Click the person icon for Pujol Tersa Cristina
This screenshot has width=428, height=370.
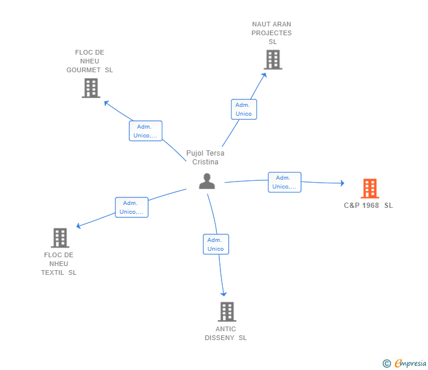coord(207,181)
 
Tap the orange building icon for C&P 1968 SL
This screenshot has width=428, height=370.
coord(370,188)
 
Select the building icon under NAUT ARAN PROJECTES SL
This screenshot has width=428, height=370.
coord(273,59)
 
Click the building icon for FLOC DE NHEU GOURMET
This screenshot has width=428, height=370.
coord(91,88)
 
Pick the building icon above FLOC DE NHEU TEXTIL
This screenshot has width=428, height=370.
coord(60,237)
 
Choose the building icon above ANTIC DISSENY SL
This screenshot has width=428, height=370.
coord(227,312)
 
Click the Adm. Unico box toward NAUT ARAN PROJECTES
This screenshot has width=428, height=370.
coord(244,109)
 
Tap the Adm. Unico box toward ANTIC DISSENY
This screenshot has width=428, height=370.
coord(216,244)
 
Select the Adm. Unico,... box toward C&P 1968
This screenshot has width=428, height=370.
coord(285,182)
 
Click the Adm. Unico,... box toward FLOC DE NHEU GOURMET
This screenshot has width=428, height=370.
coord(145,131)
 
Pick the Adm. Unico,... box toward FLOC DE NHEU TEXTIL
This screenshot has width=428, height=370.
coord(132,207)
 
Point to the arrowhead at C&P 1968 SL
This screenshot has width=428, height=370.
coord(342,183)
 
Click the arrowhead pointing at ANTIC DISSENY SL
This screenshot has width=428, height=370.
coord(223,294)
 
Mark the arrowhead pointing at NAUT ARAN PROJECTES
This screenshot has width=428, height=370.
coord(264,75)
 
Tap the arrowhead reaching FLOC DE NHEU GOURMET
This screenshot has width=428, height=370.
coord(106,103)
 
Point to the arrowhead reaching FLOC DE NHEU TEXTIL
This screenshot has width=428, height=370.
coord(78,226)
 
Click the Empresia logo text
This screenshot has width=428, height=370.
coord(410,363)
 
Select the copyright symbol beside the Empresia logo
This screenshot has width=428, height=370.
coord(386,364)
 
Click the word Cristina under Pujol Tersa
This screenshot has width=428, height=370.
coord(205,162)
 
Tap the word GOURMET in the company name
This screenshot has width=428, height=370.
coord(83,70)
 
